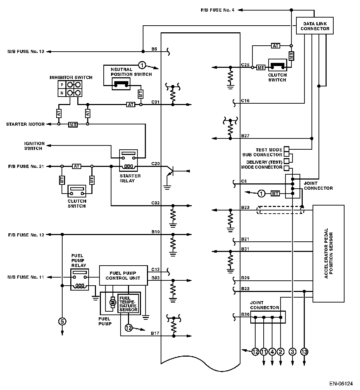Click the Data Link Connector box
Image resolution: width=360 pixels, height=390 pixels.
(315, 26)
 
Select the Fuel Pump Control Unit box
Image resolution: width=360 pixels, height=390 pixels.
(123, 275)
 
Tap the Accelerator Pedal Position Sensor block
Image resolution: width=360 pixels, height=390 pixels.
(328, 253)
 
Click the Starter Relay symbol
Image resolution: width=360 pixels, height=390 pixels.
(128, 161)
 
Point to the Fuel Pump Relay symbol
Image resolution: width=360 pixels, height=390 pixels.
(79, 279)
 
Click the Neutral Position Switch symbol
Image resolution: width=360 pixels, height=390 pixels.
(121, 84)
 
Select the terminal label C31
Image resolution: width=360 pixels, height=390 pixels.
(155, 102)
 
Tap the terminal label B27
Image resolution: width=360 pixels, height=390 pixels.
(245, 136)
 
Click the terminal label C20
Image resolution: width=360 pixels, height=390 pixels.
(155, 163)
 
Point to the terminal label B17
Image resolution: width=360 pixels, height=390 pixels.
(155, 333)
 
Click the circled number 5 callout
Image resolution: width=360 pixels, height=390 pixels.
(62, 321)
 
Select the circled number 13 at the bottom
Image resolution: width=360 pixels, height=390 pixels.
(304, 352)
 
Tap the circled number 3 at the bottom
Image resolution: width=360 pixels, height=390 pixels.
(292, 352)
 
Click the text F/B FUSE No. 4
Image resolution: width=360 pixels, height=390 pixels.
(218, 10)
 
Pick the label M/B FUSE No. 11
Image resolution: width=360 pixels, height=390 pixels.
(26, 277)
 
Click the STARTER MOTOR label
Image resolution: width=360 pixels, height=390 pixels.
(25, 124)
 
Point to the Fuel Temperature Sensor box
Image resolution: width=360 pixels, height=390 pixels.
(128, 304)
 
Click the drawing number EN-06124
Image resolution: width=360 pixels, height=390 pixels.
(341, 384)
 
